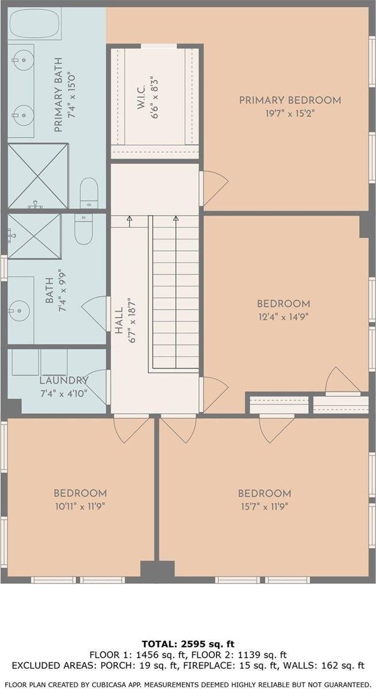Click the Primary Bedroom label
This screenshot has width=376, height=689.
coord(290,100)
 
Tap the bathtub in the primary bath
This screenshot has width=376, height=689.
coord(35,24)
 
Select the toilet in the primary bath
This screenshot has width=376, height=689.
coord(89,193)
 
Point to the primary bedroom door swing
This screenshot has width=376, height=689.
coord(214,188)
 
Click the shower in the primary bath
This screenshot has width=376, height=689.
coord(38,176)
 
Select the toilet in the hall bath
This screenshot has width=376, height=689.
coord(83,229)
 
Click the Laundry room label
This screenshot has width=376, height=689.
coord(64,381)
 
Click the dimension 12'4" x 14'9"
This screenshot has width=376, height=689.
coord(284,317)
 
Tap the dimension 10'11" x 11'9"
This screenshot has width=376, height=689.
coord(80,506)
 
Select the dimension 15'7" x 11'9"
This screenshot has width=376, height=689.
coord(265,506)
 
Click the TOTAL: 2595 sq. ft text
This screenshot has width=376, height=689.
coord(188,645)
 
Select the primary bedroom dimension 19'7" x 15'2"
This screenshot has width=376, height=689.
coord(290,113)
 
